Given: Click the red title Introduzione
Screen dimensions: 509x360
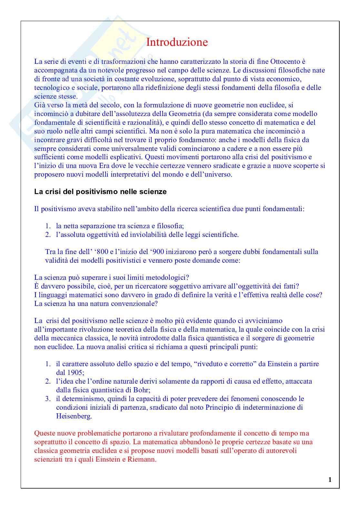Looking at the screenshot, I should [x=177, y=42].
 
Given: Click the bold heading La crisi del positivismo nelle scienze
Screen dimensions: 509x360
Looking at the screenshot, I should [x=100, y=192].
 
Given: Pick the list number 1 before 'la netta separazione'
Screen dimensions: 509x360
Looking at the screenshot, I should [x=48, y=226].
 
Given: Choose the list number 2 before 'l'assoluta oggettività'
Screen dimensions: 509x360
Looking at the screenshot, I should [x=48, y=235].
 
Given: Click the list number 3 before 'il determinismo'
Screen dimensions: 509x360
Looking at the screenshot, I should [x=48, y=399].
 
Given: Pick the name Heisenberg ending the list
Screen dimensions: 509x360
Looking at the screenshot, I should [x=74, y=416].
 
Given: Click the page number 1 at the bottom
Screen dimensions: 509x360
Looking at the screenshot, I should [x=330, y=480].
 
